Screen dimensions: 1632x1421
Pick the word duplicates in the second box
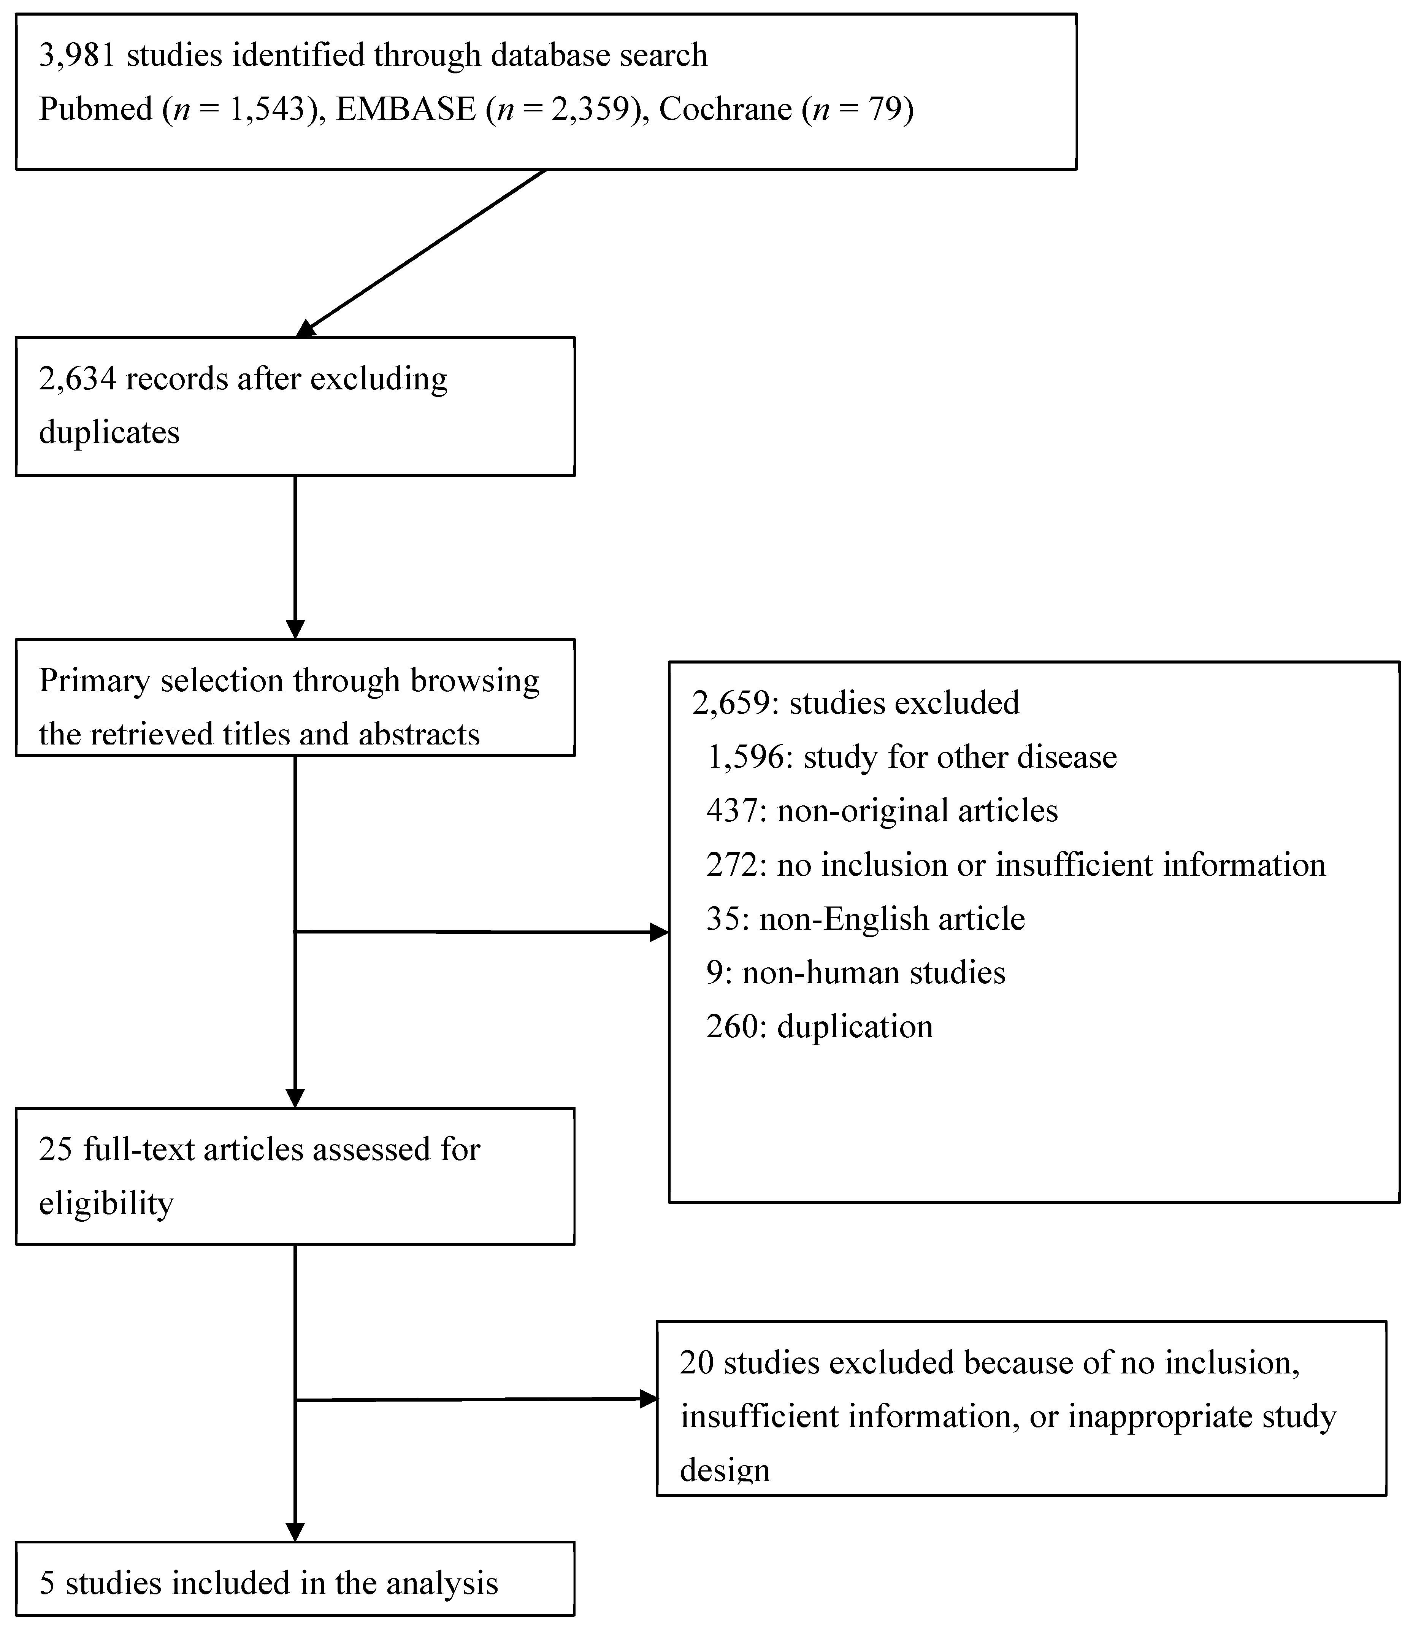tap(109, 433)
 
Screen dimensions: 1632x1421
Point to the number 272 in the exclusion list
tap(734, 865)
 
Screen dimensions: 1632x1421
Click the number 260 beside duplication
tap(734, 1027)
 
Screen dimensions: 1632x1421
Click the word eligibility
tap(105, 1204)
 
